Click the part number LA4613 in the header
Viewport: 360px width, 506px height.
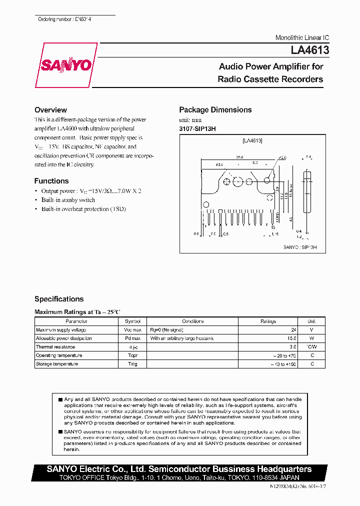307,50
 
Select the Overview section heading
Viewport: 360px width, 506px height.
50,110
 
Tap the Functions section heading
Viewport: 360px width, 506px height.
51,181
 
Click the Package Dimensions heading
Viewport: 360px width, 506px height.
215,110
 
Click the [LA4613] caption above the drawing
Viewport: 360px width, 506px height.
252,141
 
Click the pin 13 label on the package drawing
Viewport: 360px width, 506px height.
273,227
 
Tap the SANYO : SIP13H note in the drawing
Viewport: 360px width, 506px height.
300,247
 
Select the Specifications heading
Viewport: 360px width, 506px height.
59,299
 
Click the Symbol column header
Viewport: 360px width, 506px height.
132,321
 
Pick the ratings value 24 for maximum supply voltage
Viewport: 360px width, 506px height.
293,330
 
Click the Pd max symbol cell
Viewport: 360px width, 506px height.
132,338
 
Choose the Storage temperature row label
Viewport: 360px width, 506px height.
57,364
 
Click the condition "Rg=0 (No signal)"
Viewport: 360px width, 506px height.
168,330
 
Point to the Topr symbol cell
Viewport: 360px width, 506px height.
132,355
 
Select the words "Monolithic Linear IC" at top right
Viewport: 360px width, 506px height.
302,38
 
